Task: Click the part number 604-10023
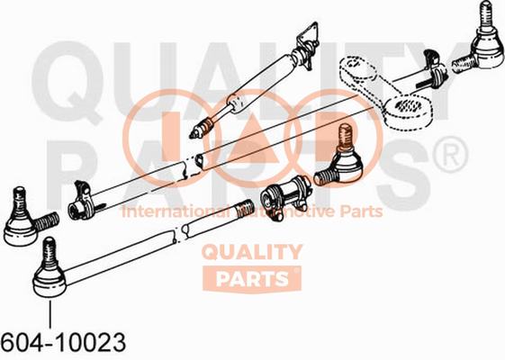[63, 342]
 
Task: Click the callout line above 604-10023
[50, 314]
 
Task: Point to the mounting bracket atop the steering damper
[309, 44]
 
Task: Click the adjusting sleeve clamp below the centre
[285, 197]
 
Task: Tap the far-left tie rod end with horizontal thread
[30, 218]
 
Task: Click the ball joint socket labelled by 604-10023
[50, 283]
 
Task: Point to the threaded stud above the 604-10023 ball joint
[50, 253]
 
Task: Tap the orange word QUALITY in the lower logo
[252, 252]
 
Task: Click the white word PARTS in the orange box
[252, 279]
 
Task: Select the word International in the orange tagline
[176, 211]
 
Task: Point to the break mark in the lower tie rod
[180, 233]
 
